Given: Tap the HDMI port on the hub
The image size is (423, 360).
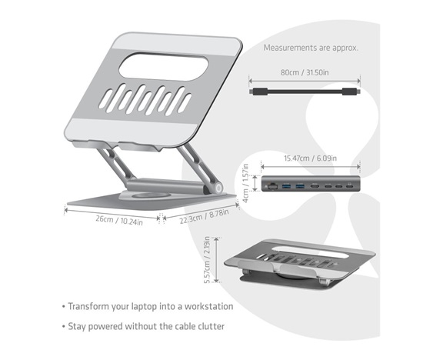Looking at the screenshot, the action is pos(315,186).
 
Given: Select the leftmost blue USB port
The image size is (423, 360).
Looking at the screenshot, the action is pos(286,186).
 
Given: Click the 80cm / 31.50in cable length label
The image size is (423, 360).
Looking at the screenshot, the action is pos(305,72).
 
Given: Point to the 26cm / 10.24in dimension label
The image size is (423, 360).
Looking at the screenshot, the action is pos(119,220).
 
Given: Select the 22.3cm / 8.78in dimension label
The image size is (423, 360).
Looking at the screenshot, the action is pos(205,216).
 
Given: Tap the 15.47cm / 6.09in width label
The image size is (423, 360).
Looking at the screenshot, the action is pos(310,158).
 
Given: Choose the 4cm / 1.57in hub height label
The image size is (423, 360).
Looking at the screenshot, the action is pos(245,183).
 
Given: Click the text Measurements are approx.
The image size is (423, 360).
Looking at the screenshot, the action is pos(311,48).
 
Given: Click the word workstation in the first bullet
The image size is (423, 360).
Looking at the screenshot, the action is pos(208,306).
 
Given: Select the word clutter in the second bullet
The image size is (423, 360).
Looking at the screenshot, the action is pos(211,326).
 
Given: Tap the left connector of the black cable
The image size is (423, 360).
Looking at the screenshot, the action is pos(258,92).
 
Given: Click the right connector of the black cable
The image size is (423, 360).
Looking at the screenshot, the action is pos(351,92).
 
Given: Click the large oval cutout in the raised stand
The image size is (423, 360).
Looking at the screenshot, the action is pos(164,67).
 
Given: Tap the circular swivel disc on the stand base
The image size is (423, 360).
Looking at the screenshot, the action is pos(150,195).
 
